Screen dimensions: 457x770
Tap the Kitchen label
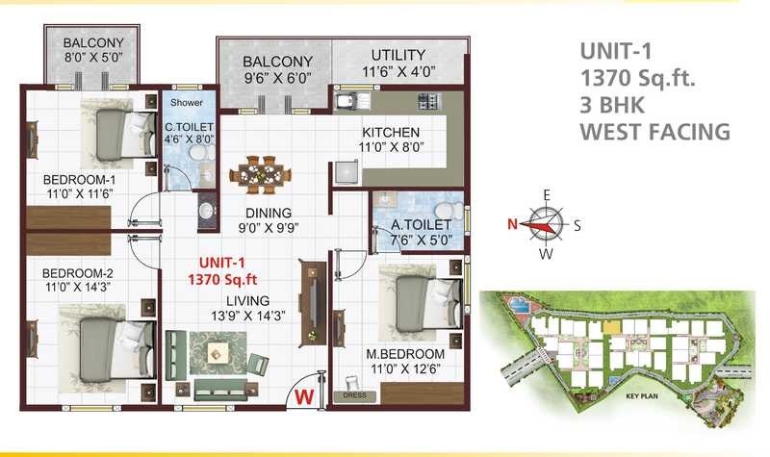[x=391, y=132]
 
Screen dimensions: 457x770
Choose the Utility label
[x=398, y=54]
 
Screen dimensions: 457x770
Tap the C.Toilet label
[x=188, y=127]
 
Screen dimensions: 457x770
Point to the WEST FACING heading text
[x=655, y=132]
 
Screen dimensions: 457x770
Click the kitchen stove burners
[x=426, y=99]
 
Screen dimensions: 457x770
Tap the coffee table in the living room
[x=218, y=354]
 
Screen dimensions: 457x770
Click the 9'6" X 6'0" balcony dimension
[x=277, y=80]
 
